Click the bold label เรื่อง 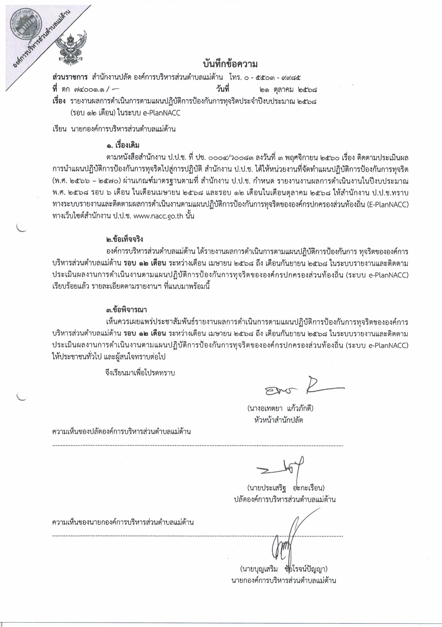pyautogui.click(x=59, y=101)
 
